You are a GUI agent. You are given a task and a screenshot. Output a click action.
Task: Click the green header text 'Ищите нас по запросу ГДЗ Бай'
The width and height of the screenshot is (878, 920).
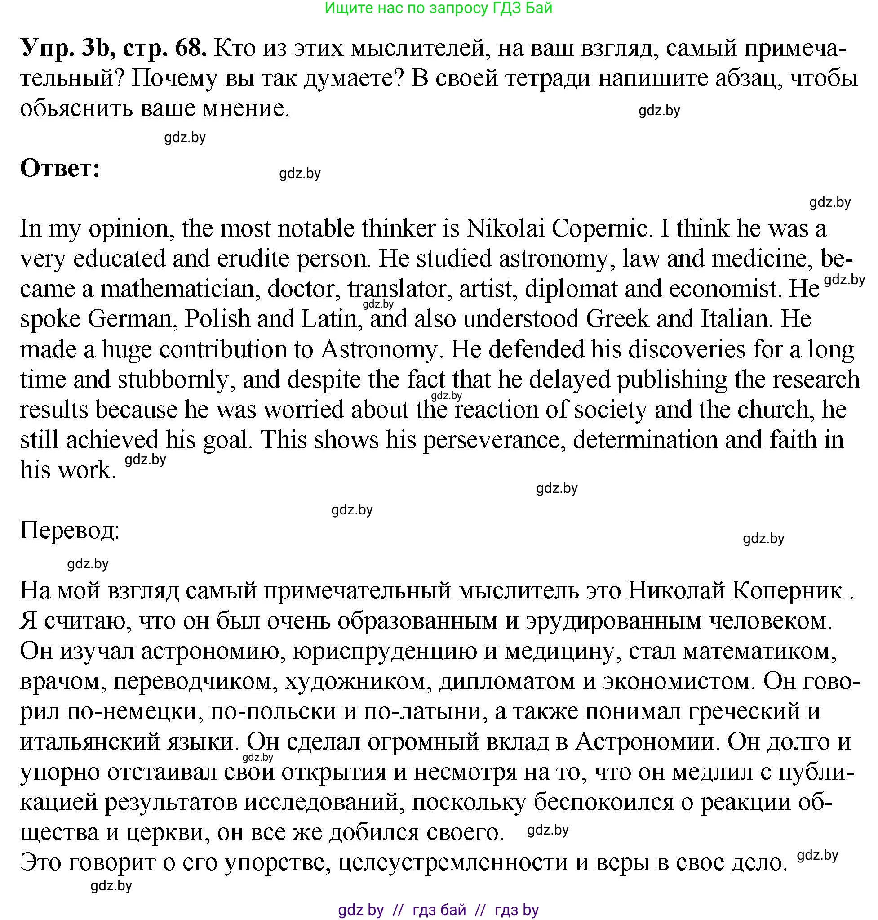pyautogui.click(x=438, y=8)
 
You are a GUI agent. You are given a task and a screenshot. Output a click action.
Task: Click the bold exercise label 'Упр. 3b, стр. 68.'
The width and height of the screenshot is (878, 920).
pyautogui.click(x=113, y=48)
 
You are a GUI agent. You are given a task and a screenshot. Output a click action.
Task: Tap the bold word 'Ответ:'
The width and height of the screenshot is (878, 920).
pyautogui.click(x=60, y=168)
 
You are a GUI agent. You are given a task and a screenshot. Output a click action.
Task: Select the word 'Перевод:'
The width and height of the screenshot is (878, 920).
pyautogui.click(x=70, y=531)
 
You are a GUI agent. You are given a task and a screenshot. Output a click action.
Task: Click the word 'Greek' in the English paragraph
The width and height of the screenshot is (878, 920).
pyautogui.click(x=617, y=319)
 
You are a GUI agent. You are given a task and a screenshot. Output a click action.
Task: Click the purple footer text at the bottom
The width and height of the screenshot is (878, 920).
pyautogui.click(x=438, y=910)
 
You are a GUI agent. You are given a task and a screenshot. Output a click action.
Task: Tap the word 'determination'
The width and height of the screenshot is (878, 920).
pyautogui.click(x=645, y=440)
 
